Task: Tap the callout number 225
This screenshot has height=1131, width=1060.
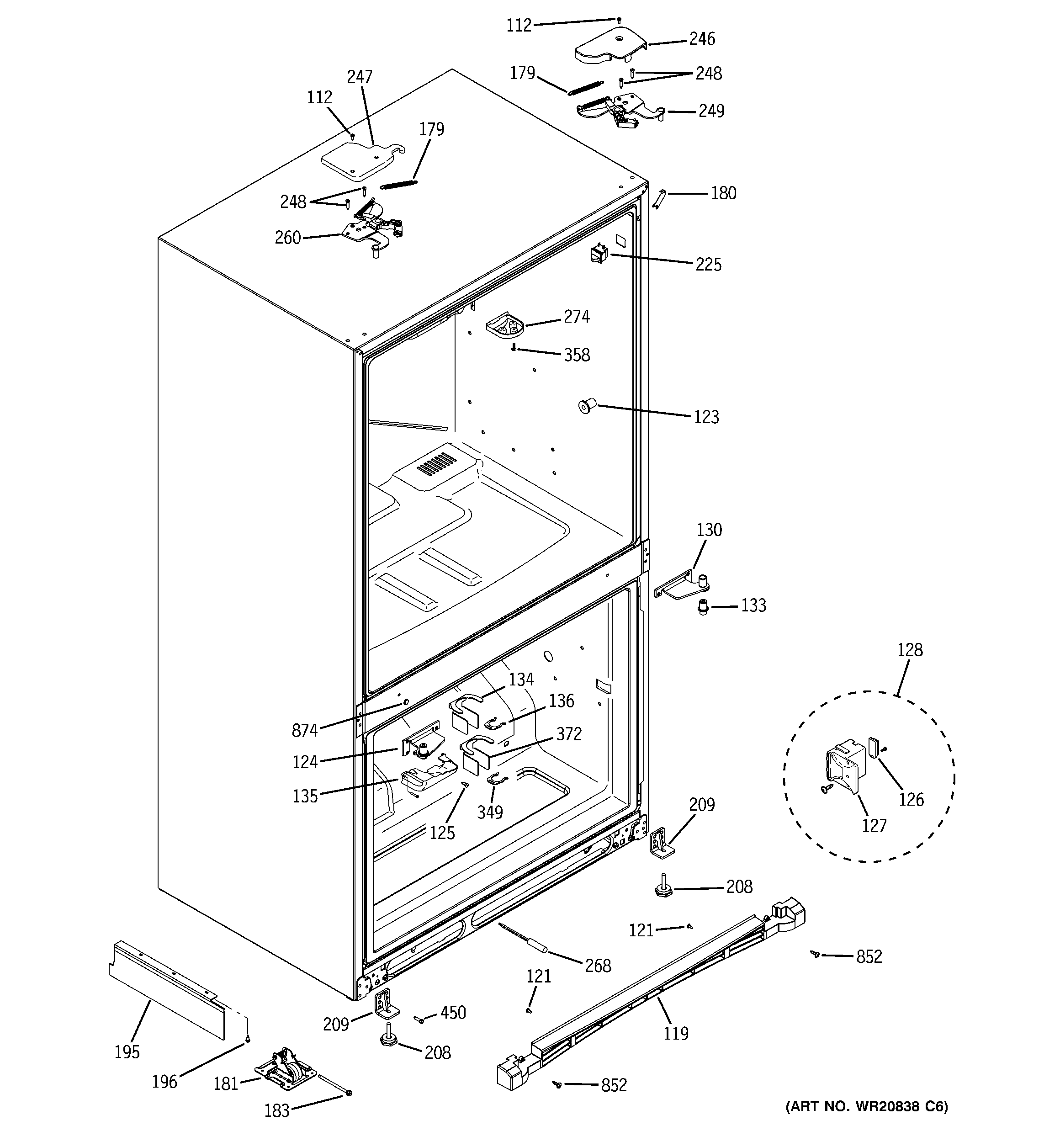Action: [708, 265]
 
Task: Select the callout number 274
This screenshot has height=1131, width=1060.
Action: [576, 317]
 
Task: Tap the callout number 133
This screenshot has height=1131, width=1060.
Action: [753, 605]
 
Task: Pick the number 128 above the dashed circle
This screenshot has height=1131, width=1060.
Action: [910, 650]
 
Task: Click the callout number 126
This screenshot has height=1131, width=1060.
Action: [911, 799]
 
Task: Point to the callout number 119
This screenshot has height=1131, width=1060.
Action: [675, 1033]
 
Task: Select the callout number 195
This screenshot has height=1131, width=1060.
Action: [127, 1052]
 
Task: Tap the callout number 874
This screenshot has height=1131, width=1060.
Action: [304, 731]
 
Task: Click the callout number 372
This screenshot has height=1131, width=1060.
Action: [569, 734]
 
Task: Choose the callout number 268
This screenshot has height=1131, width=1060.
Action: [598, 966]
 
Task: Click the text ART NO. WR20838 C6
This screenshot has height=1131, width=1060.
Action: [867, 1106]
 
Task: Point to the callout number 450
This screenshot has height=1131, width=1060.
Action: [453, 1013]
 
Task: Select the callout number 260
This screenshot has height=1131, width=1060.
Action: [287, 237]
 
